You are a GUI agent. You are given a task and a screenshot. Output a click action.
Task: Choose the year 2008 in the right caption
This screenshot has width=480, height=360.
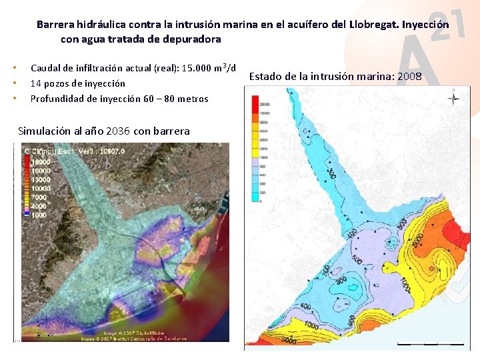[x=409, y=76]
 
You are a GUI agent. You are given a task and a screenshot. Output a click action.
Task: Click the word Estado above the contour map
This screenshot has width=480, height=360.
[x=265, y=76]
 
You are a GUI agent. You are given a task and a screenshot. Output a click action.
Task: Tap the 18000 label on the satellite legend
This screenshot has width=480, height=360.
[x=41, y=162]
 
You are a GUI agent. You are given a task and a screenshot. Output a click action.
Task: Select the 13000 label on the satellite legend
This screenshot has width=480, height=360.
[x=41, y=179]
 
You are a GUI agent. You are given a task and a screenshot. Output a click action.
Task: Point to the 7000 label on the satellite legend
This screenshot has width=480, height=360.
[x=39, y=197]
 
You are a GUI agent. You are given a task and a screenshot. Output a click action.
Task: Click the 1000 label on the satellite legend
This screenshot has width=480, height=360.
[x=39, y=215]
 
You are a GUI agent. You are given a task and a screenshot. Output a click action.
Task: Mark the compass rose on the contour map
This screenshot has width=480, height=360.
[x=453, y=99]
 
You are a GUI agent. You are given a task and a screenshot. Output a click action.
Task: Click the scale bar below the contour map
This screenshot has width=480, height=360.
[x=430, y=344]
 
